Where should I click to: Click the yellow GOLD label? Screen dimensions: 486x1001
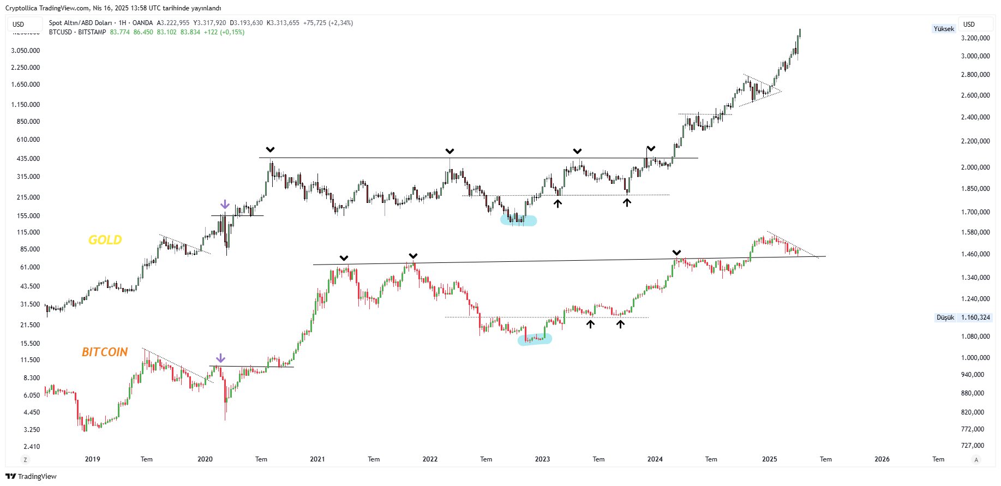coord(105,240)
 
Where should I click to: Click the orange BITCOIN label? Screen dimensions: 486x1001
coord(105,352)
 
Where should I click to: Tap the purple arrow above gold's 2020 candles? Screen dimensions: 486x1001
coord(225,205)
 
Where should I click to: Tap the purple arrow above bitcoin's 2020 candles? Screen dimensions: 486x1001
coord(220,358)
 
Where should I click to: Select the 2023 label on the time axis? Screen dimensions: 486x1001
coord(542,459)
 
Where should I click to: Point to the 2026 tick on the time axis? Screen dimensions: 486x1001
coord(882,459)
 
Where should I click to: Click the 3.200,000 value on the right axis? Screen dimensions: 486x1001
coord(975,38)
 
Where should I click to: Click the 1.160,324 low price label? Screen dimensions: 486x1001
coord(975,317)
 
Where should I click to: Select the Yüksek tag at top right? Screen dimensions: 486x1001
coord(944,29)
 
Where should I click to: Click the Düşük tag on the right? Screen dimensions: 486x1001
coord(945,317)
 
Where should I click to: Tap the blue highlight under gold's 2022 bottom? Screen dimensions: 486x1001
coord(519,220)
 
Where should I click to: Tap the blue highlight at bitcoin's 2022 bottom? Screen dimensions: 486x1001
coord(535,339)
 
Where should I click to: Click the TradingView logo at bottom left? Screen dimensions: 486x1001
coord(31,476)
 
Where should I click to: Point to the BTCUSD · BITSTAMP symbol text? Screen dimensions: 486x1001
coord(77,32)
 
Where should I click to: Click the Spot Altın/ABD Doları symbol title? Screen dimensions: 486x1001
coord(80,23)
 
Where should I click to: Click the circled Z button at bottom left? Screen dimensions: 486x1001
coord(25,460)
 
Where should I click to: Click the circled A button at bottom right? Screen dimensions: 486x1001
coord(976,460)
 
